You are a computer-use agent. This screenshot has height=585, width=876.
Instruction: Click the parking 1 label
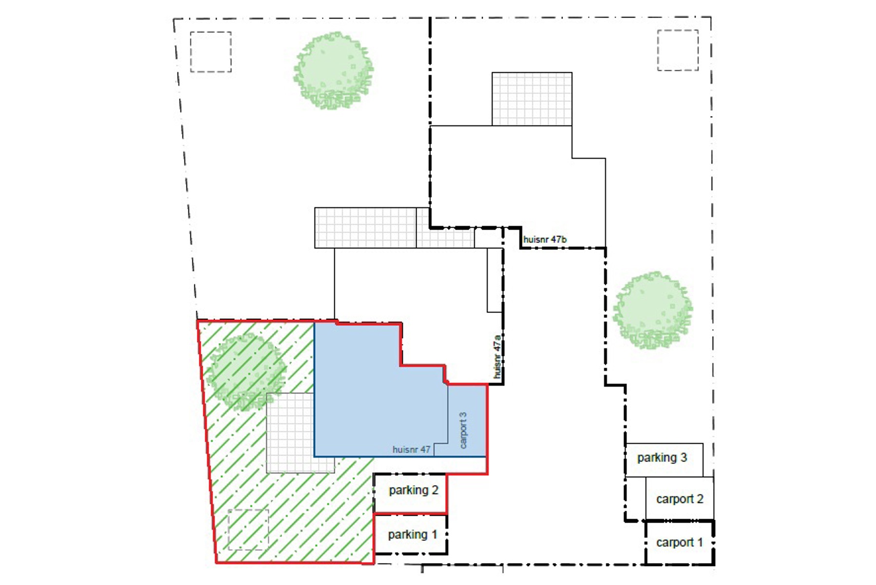click(x=412, y=535)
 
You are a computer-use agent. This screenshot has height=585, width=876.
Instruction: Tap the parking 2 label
click(x=413, y=490)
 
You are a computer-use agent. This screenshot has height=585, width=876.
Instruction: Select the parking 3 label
click(x=662, y=458)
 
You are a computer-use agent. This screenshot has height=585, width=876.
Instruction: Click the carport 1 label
click(x=679, y=543)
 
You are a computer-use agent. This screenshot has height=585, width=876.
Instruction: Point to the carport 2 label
click(x=680, y=499)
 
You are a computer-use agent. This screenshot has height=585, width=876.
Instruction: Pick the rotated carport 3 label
click(x=463, y=430)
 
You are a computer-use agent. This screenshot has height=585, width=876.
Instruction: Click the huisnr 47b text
click(x=544, y=240)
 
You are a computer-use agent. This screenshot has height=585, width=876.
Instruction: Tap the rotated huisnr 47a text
click(x=497, y=356)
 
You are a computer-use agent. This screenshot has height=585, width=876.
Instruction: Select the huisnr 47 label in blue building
click(x=411, y=449)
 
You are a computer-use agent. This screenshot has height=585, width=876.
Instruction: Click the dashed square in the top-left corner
click(x=210, y=52)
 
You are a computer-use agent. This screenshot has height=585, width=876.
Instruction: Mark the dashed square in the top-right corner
click(x=678, y=50)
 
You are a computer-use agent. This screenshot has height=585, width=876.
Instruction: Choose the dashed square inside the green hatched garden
click(x=248, y=529)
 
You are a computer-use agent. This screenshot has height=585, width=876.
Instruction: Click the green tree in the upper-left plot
click(x=333, y=71)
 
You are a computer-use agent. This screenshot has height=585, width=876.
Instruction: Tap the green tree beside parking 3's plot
click(x=652, y=310)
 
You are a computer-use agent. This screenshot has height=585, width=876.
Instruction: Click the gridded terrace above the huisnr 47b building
click(x=532, y=99)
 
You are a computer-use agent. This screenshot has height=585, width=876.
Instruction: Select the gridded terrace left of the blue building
click(x=290, y=433)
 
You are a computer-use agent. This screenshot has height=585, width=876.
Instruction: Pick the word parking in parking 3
click(x=657, y=458)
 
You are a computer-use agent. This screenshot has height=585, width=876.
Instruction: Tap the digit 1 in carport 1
click(x=700, y=542)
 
